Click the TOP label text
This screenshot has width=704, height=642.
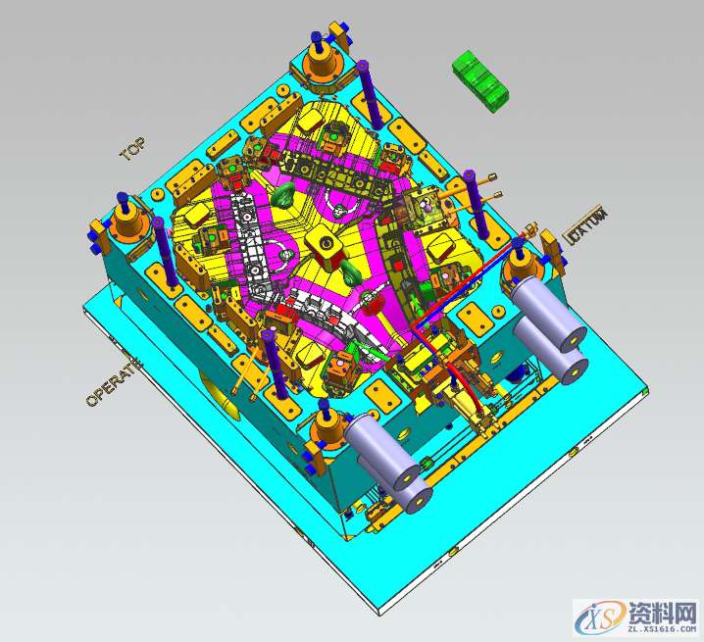click(x=132, y=149)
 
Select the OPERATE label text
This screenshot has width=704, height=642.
click(x=113, y=382)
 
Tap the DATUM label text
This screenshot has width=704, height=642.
click(x=587, y=227)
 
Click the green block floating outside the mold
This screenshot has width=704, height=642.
click(x=480, y=80)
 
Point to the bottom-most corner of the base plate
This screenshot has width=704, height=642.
click(x=377, y=614)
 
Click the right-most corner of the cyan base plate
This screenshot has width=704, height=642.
click(x=649, y=392)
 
